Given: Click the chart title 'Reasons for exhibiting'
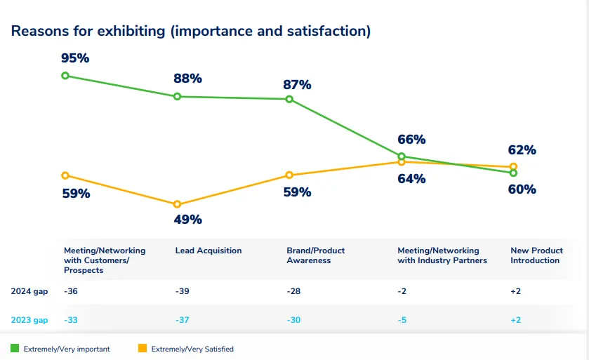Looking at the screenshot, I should [x=190, y=31].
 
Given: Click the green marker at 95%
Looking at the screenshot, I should [x=65, y=75].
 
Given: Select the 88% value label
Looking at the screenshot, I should [x=187, y=79].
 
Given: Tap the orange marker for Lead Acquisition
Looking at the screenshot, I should [x=177, y=204].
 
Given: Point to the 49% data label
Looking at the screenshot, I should [x=187, y=220].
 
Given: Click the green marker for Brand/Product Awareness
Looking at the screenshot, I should [x=289, y=99].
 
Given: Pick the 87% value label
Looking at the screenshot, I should [x=297, y=85].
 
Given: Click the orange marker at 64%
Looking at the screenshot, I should [x=402, y=162].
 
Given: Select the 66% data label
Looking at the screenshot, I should [x=411, y=140].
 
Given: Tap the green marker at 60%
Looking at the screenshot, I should [x=514, y=173].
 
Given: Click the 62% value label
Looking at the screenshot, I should [x=522, y=150].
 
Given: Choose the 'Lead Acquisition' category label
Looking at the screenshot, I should [x=209, y=251].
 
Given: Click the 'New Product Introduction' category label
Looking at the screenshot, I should [x=536, y=255].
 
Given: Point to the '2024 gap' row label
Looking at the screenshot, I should [x=29, y=291].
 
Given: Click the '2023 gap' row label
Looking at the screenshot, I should [x=29, y=320].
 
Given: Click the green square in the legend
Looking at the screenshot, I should [x=15, y=348].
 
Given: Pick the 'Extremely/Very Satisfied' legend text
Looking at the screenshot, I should [x=193, y=349].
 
